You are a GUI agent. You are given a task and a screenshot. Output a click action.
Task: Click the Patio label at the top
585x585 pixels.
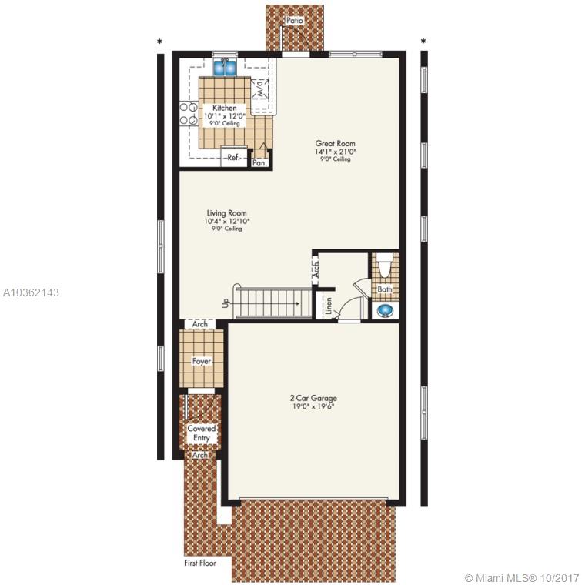click(294, 21)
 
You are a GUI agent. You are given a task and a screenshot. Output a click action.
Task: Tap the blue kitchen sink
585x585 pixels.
click(225, 67)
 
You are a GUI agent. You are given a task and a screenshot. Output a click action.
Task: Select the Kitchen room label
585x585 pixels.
click(225, 108)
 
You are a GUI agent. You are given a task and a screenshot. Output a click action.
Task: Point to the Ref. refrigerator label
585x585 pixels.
click(234, 157)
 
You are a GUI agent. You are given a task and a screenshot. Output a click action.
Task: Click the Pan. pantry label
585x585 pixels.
click(259, 163)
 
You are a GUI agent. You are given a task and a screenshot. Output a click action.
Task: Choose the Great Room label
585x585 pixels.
click(336, 143)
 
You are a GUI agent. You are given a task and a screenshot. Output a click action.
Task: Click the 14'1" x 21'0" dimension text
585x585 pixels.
click(336, 152)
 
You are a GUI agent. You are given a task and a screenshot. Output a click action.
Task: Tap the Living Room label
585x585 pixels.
click(227, 213)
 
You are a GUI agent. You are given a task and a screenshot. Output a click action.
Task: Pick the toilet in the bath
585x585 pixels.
click(385, 265)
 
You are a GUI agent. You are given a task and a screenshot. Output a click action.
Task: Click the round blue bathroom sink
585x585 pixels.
click(385, 310)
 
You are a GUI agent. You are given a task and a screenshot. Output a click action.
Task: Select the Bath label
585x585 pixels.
click(385, 289)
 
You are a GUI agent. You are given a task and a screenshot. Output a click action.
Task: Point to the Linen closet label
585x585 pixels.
click(329, 306)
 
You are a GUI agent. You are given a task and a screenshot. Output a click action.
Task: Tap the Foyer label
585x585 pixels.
click(202, 361)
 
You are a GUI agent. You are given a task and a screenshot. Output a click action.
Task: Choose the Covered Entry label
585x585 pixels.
click(202, 433)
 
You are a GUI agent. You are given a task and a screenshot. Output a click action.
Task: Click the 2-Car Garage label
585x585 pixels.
click(313, 398)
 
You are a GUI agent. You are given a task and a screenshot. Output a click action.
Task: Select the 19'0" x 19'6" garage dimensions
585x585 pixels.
click(313, 406)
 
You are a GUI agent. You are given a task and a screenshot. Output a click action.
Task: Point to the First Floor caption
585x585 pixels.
click(200, 563)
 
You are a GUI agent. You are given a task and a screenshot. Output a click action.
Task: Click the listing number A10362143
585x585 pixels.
click(31, 292)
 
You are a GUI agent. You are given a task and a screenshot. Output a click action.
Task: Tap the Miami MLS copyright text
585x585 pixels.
click(522, 578)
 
